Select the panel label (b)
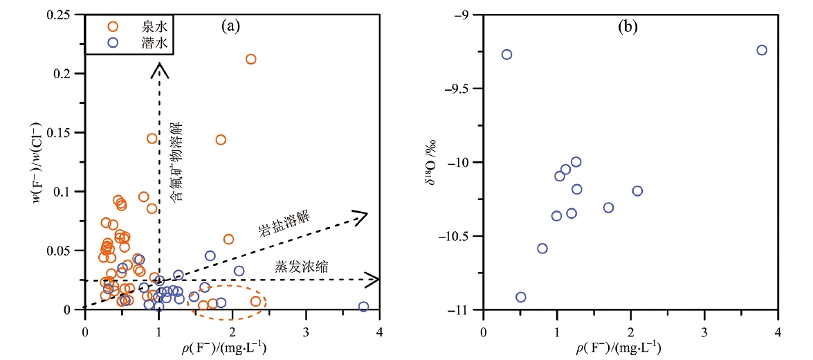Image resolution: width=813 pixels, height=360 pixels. [x=628, y=27]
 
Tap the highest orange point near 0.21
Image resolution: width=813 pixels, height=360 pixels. [x=250, y=59]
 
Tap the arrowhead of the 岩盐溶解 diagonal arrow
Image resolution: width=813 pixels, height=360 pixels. [x=361, y=217]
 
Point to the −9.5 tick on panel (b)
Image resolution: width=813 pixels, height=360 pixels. [x=459, y=89]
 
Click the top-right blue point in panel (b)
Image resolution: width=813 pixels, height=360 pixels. [x=762, y=50]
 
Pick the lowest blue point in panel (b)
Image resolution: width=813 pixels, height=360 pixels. [x=520, y=297]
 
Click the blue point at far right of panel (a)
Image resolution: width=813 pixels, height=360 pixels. [x=363, y=307]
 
